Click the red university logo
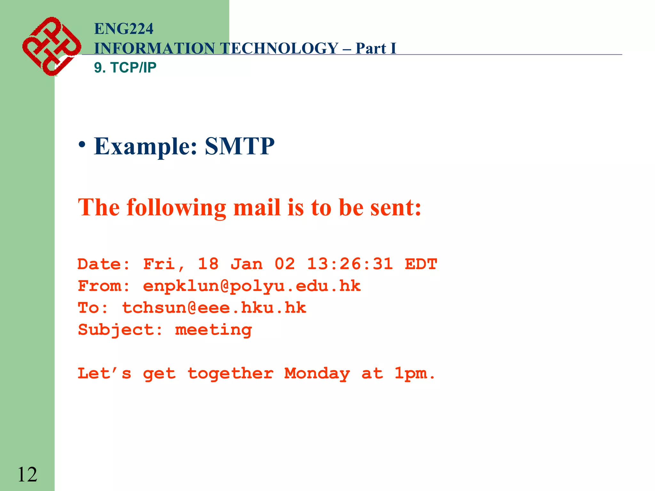(x=51, y=46)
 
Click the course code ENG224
(x=124, y=29)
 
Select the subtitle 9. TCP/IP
(x=125, y=67)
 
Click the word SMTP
(x=240, y=146)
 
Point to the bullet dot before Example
(x=82, y=144)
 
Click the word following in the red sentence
(x=176, y=208)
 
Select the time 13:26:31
(x=350, y=264)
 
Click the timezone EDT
(x=421, y=264)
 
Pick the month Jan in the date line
(x=247, y=264)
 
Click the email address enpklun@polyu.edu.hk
(x=252, y=286)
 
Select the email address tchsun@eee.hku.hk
(x=214, y=308)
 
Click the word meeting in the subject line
(x=213, y=330)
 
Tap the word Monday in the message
(x=317, y=374)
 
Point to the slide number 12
(x=27, y=474)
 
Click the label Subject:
(x=120, y=330)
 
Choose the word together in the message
(x=230, y=374)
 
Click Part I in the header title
(x=376, y=49)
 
